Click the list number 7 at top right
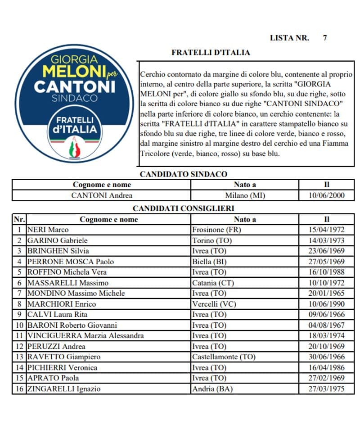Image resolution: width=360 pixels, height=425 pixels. (x=325, y=38)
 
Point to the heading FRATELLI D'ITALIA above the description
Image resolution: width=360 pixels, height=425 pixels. (x=211, y=53)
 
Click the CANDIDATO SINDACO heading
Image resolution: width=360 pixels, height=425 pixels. (x=184, y=174)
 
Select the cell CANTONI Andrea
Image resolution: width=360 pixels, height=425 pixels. (x=102, y=195)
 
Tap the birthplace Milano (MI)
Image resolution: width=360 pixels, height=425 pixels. (x=245, y=195)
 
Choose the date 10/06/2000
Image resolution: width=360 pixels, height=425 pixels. (x=327, y=195)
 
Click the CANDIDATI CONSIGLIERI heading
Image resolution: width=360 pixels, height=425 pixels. (x=184, y=208)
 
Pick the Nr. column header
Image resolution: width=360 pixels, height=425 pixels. (x=19, y=219)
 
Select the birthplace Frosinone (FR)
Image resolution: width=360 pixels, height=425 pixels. (x=216, y=230)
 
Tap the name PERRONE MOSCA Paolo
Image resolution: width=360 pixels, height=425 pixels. (x=71, y=262)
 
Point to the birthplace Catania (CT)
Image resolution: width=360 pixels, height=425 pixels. (x=213, y=283)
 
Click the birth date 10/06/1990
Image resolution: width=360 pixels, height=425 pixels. (x=327, y=304)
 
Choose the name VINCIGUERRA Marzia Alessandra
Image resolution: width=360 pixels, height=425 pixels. (x=85, y=336)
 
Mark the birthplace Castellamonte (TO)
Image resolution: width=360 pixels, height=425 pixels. (x=224, y=357)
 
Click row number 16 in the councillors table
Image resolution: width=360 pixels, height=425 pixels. (x=19, y=389)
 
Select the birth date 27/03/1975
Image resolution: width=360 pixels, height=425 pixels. (x=327, y=389)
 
